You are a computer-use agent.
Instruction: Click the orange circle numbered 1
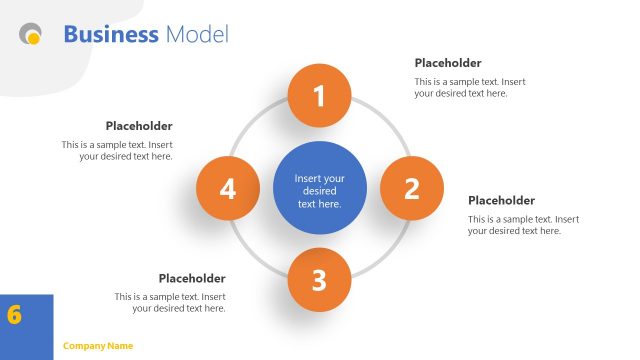319,96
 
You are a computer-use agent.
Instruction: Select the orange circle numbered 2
411,188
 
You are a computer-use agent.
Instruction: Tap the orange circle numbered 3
319,280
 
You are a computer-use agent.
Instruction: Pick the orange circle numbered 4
227,188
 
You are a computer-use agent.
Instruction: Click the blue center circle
319,190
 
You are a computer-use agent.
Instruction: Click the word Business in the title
111,35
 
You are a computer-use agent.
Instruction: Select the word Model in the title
197,35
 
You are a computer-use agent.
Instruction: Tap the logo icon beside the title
31,36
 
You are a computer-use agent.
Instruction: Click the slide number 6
14,314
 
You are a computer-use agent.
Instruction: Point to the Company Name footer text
98,346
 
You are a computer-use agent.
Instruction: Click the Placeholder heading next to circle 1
448,63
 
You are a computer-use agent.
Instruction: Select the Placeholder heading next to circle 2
501,200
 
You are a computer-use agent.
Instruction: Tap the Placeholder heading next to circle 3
192,278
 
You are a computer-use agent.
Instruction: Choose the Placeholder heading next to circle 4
139,126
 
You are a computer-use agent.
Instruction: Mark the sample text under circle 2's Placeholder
523,225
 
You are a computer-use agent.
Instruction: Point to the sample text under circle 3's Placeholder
170,302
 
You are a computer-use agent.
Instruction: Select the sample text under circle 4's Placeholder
117,150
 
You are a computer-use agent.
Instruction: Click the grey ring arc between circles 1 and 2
385,123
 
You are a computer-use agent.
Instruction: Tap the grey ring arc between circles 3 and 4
253,253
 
